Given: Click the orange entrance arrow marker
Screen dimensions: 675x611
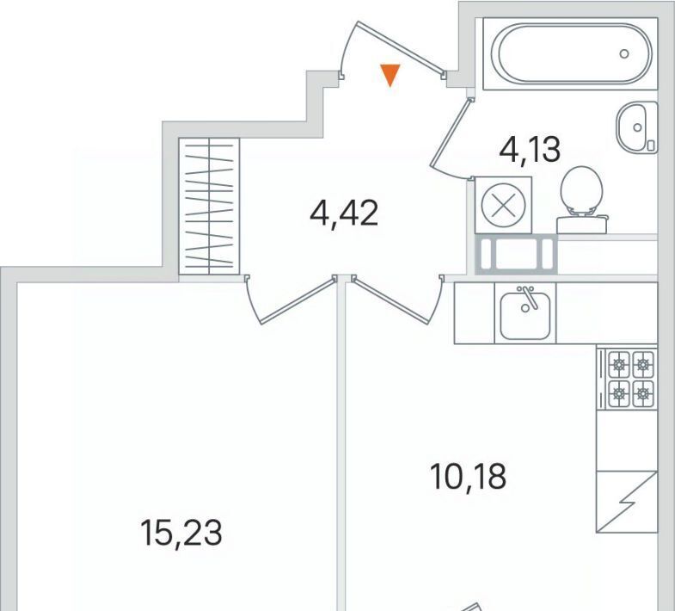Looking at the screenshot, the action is click(x=390, y=75).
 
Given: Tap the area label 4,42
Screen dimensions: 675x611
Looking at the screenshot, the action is click(x=344, y=213).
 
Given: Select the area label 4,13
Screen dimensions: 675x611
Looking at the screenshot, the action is click(x=530, y=149).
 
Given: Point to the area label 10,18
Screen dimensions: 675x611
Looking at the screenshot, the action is click(x=469, y=477).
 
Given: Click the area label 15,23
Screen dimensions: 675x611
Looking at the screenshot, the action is click(x=181, y=533).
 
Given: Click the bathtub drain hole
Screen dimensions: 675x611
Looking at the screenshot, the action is click(x=624, y=54).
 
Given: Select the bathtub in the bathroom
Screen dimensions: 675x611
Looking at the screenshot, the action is click(x=570, y=54).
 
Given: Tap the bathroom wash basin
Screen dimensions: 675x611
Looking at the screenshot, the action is click(x=636, y=127).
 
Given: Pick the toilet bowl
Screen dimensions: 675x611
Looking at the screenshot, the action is click(x=580, y=189).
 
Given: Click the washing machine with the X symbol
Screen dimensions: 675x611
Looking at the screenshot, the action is click(x=504, y=205).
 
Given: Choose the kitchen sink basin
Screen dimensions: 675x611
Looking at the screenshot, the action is click(x=525, y=316).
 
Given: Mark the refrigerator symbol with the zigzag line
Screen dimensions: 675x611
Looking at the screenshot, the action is click(x=627, y=502).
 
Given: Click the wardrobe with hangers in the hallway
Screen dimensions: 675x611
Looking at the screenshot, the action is click(x=209, y=206).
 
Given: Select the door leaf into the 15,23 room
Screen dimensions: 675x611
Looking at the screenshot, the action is click(x=297, y=301).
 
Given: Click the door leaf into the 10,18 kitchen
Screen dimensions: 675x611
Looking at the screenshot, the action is click(x=391, y=301).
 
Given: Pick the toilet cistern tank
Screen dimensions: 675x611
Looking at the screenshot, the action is click(x=582, y=224).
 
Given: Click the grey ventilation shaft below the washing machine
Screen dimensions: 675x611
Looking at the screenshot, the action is click(x=516, y=254).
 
